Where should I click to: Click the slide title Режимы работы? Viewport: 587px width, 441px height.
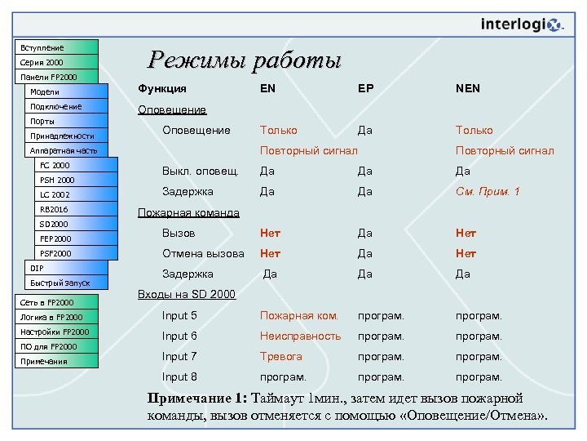[244, 60]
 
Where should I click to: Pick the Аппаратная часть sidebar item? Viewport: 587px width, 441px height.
[62, 150]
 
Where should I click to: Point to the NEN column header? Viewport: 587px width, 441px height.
[468, 88]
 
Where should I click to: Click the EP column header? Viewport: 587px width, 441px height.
[364, 88]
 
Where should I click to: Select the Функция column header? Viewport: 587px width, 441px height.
[162, 88]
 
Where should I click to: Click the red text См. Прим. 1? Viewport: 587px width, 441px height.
[488, 191]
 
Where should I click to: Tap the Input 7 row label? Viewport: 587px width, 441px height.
[179, 356]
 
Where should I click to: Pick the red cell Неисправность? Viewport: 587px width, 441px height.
[300, 336]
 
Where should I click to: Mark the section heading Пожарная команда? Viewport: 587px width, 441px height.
[188, 212]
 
